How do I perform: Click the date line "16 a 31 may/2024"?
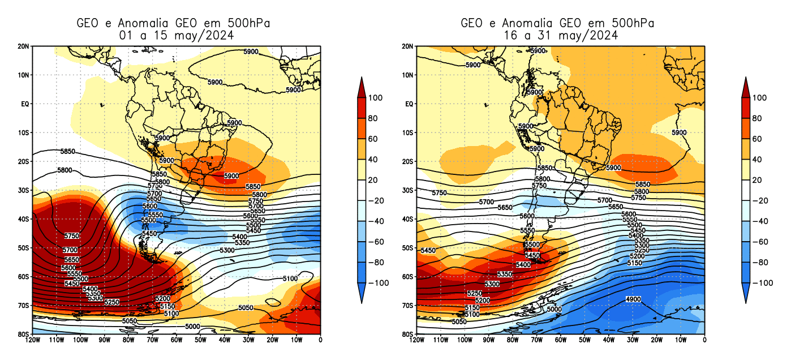[x=557, y=35]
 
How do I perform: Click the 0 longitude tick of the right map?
[x=704, y=340]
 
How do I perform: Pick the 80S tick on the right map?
[x=407, y=335]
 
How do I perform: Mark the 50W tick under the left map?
[x=200, y=340]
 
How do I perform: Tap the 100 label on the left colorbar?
[x=375, y=97]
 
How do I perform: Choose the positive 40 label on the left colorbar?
[x=373, y=159]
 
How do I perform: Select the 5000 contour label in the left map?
[x=192, y=327]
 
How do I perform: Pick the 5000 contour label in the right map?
[x=553, y=309]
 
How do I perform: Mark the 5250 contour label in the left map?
[x=112, y=302]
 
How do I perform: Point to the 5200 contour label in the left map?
[x=162, y=298]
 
